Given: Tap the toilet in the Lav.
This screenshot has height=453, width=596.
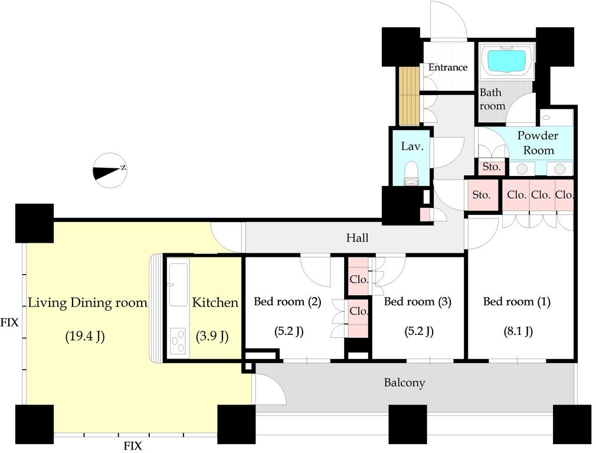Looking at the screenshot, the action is tap(411, 175).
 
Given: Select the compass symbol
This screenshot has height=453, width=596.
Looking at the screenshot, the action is tap(110, 171).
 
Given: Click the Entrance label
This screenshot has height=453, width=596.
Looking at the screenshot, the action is tap(448, 67).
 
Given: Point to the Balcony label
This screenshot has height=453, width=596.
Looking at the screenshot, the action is tap(404, 382).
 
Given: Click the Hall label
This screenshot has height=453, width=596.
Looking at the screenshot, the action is tap(357, 238).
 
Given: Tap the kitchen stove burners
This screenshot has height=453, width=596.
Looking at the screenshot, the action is tap(178, 341).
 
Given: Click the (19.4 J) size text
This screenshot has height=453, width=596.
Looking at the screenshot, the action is tap(85, 336).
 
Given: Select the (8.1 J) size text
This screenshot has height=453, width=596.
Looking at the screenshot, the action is tap(518, 331).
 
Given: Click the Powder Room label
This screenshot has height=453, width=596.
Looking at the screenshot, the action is tap(538, 143).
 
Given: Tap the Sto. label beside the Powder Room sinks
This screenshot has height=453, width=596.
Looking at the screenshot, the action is tap(492, 167).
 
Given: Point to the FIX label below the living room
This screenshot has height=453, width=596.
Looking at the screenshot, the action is tap(133, 446).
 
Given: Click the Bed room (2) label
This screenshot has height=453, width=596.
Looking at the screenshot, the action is tap(287, 302).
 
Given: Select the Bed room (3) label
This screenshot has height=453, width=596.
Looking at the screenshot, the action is tap(417, 302).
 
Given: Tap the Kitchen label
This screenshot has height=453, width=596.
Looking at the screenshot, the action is tap(215, 302).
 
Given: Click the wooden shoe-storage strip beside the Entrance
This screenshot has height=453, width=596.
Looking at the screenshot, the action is tap(408, 96).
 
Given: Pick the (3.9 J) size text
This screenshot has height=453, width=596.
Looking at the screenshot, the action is tap(212, 336).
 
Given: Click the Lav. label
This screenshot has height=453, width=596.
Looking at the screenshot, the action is tap(412, 146).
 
